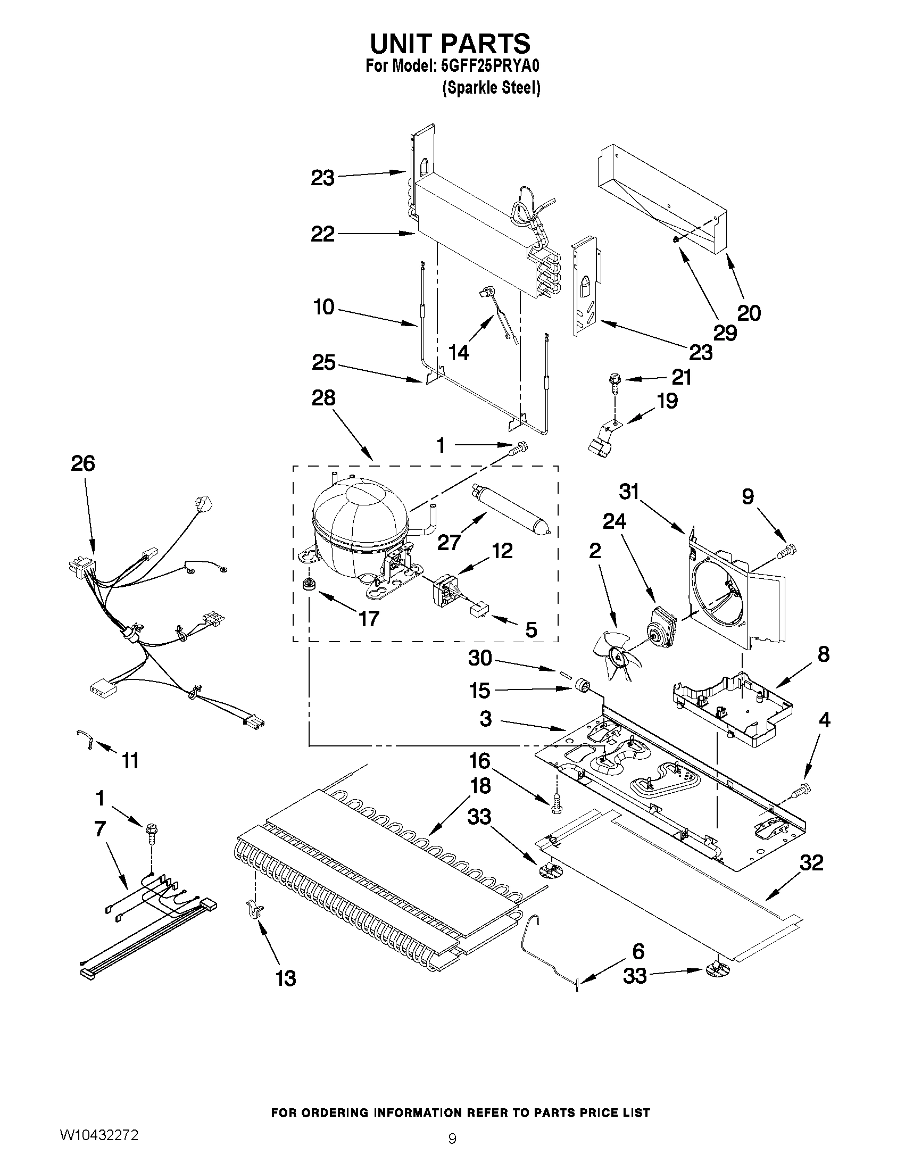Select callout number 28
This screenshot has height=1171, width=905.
(324, 398)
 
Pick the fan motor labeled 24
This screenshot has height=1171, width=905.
(660, 624)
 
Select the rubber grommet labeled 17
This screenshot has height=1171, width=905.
(308, 584)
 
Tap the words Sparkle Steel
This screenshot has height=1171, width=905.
(491, 88)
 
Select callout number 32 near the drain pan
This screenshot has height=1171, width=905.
(811, 863)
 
